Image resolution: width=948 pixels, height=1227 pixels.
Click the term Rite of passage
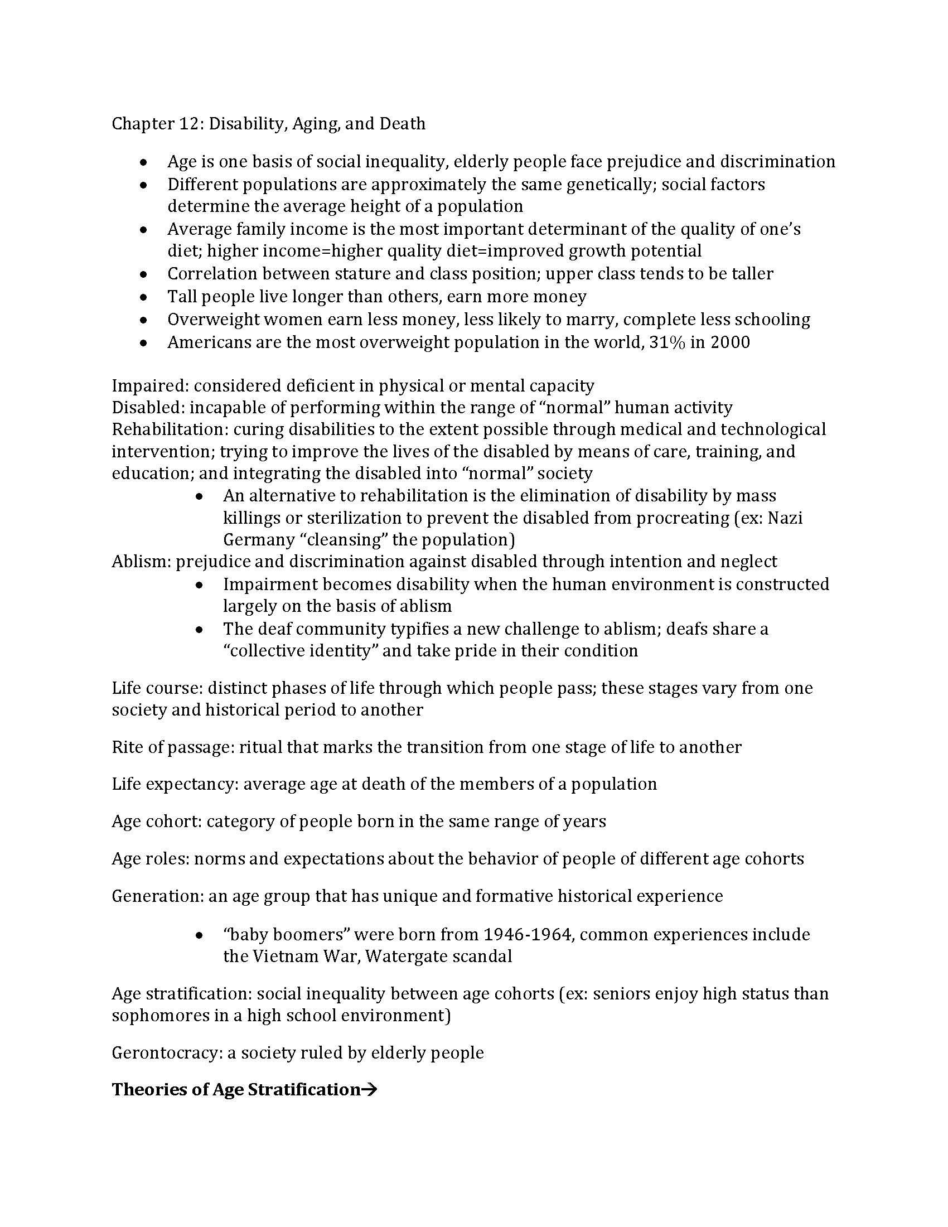pos(172,747)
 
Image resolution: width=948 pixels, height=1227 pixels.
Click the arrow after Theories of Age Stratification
pos(369,1090)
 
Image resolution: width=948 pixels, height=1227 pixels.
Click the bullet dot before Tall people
pos(144,297)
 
